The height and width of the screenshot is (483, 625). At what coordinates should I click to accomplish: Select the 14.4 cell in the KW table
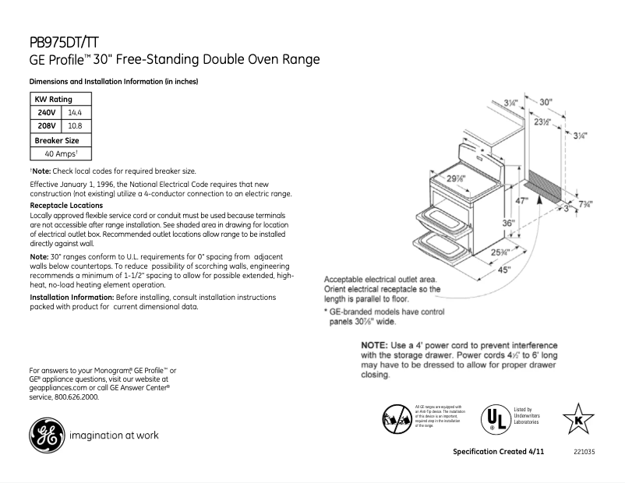click(x=76, y=112)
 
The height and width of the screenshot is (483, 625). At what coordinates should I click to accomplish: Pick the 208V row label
click(x=47, y=125)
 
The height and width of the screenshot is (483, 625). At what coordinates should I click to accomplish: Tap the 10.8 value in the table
click(x=76, y=125)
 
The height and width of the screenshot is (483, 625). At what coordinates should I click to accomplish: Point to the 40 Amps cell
click(x=59, y=154)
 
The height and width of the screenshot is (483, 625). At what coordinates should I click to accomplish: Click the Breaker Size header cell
click(x=57, y=140)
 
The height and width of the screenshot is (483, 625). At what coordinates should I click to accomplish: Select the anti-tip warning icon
click(x=396, y=418)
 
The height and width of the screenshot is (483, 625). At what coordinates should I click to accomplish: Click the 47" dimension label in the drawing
click(x=522, y=200)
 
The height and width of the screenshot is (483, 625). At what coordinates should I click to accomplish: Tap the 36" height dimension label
click(x=507, y=223)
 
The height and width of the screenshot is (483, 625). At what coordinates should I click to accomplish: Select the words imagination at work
click(x=114, y=435)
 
